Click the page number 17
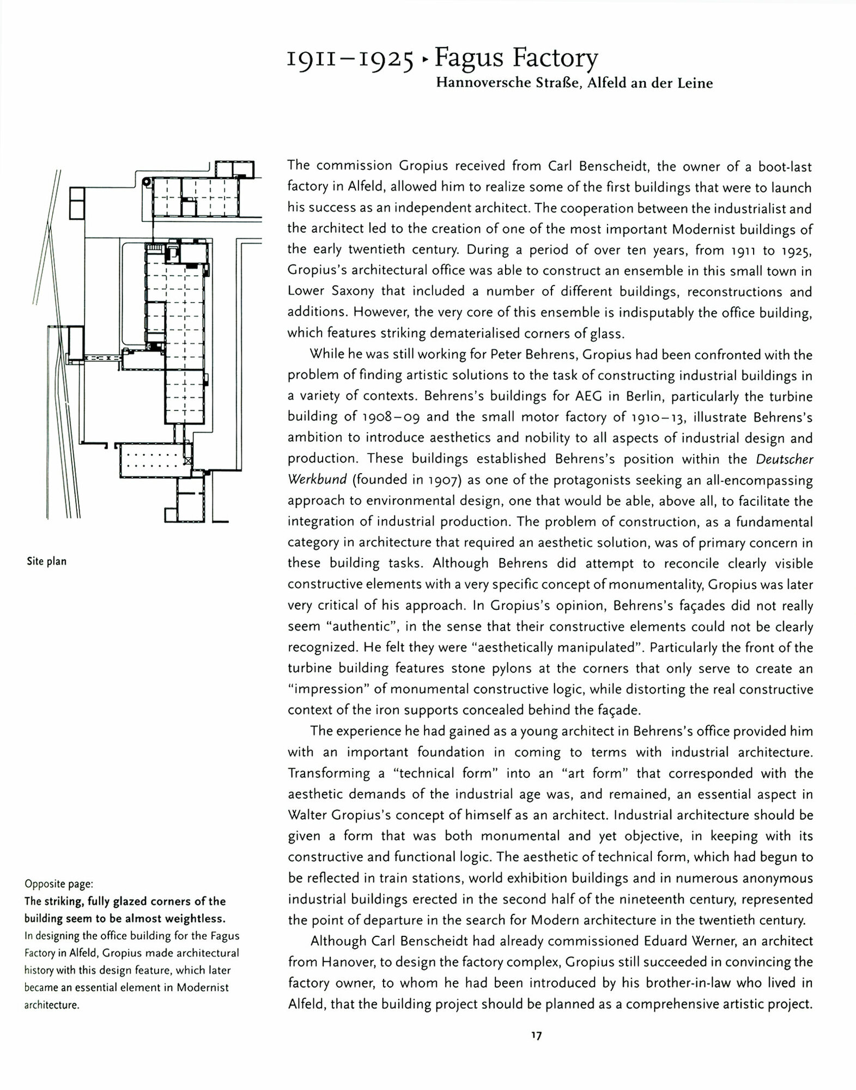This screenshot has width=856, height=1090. point(536,1036)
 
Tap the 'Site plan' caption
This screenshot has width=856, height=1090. point(47,561)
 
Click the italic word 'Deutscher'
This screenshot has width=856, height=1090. point(784,459)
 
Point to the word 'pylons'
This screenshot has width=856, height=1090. point(526,669)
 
